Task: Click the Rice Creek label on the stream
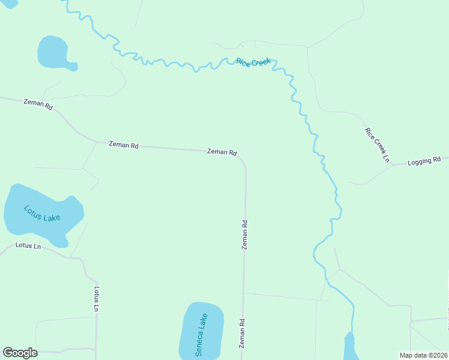pyautogui.click(x=253, y=62)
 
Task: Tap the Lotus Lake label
pyautogui.click(x=42, y=213)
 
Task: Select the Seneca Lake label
pyautogui.click(x=201, y=335)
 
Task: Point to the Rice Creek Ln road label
pyautogui.click(x=377, y=145)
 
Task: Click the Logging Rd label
pyautogui.click(x=424, y=161)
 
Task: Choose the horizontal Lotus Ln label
pyautogui.click(x=28, y=245)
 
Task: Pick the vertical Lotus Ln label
pyautogui.click(x=97, y=298)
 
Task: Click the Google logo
pyautogui.click(x=20, y=353)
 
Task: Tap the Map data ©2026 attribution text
pyautogui.click(x=423, y=355)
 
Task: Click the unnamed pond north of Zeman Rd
pyautogui.click(x=54, y=53)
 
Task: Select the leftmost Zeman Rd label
pyautogui.click(x=38, y=103)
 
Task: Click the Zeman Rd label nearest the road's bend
pyautogui.click(x=221, y=152)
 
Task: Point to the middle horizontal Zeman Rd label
pyautogui.click(x=124, y=145)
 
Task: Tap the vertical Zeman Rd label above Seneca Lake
pyautogui.click(x=245, y=235)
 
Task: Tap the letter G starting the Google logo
pyautogui.click(x=8, y=353)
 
